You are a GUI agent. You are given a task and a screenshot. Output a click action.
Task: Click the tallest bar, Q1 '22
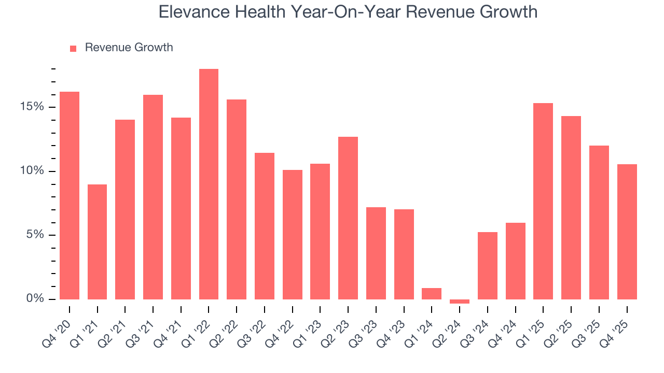pyautogui.click(x=209, y=184)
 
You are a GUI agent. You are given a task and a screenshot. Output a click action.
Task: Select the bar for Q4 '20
pyautogui.click(x=70, y=195)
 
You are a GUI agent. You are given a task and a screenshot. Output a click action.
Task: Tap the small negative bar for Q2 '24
pyautogui.click(x=460, y=301)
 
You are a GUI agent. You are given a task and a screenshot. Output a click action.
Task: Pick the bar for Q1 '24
pyautogui.click(x=432, y=294)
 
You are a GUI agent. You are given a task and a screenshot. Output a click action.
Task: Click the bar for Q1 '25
pyautogui.click(x=543, y=201)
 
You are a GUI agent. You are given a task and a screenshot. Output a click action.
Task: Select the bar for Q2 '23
pyautogui.click(x=348, y=218)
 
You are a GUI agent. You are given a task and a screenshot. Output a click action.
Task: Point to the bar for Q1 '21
pyautogui.click(x=98, y=241)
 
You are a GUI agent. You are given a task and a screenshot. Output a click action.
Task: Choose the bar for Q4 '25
pyautogui.click(x=627, y=232)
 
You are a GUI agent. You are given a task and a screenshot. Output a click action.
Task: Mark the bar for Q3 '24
pyautogui.click(x=488, y=265)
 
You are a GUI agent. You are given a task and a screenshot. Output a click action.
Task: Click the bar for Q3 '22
pyautogui.click(x=265, y=226)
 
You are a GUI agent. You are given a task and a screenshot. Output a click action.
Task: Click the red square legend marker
pyautogui.click(x=73, y=48)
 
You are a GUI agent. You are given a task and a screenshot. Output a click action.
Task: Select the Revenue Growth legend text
pyautogui.click(x=129, y=48)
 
